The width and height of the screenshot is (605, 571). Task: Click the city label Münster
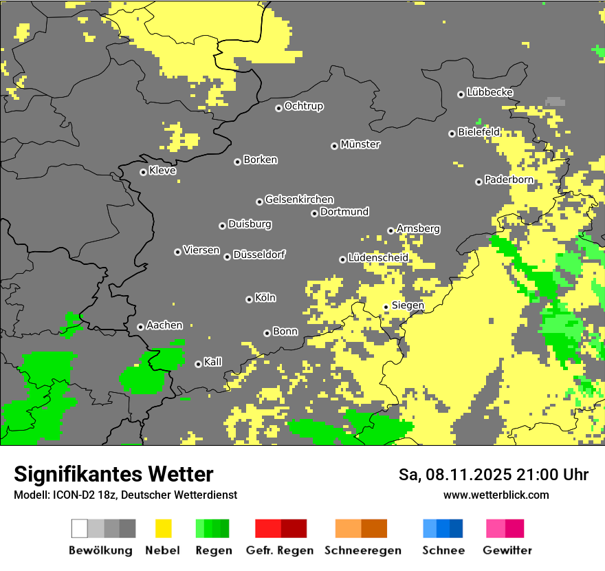tap(360, 144)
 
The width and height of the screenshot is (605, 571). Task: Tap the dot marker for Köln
tap(249, 299)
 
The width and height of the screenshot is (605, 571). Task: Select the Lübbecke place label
tap(489, 92)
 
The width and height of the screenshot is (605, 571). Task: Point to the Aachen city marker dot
tap(140, 327)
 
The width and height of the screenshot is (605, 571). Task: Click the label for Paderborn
tap(509, 180)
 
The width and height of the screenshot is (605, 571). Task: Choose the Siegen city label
tap(408, 305)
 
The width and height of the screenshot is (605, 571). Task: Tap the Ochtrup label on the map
tap(303, 106)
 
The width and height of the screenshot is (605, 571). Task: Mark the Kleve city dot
tap(143, 172)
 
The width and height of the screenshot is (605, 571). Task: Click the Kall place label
tap(212, 362)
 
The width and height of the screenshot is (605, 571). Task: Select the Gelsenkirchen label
tap(299, 200)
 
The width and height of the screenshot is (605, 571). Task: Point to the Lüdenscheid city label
tap(378, 258)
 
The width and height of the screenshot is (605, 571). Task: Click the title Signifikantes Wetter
tap(113, 474)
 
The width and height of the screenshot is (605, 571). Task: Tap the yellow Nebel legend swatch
tap(163, 528)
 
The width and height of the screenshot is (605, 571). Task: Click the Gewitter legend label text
tap(507, 550)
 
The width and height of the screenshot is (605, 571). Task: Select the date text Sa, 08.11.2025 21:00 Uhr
tap(493, 475)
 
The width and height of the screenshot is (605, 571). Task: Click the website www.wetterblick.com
tap(496, 495)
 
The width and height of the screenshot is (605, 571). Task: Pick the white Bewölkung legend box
tap(80, 528)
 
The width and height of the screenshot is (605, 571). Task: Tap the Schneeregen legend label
tap(362, 550)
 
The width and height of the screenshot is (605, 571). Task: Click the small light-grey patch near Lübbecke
tap(555, 101)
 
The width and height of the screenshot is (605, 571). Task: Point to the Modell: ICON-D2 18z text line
tap(125, 495)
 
